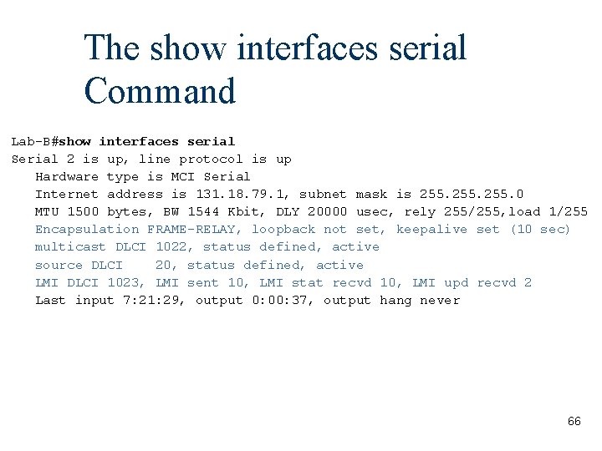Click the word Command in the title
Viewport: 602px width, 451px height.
(x=160, y=91)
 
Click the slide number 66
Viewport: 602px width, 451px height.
(x=574, y=422)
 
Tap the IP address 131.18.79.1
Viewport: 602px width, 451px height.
(x=249, y=194)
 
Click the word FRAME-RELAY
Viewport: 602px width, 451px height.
(x=195, y=229)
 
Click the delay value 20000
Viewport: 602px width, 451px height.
(x=328, y=211)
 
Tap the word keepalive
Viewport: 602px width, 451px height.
(x=431, y=229)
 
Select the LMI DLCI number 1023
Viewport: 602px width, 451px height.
(x=126, y=282)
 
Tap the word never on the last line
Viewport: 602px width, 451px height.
(x=440, y=300)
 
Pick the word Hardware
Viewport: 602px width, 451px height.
(x=67, y=176)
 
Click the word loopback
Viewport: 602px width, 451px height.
(x=283, y=229)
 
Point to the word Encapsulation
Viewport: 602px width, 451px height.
(x=87, y=229)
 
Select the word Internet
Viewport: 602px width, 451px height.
(x=67, y=194)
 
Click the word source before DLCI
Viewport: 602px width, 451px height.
(x=59, y=265)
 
